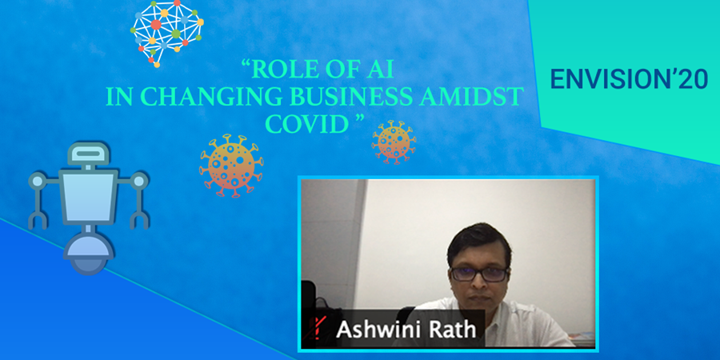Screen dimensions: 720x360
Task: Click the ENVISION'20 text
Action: click(629, 79)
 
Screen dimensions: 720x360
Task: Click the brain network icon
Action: click(166, 32)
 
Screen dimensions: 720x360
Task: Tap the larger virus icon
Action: click(231, 166)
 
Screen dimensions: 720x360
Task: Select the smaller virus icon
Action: click(394, 142)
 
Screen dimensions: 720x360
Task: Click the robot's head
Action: click(89, 154)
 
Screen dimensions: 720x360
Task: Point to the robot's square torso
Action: click(88, 198)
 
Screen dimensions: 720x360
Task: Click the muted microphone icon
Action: click(315, 329)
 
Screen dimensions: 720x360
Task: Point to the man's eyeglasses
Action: click(479, 274)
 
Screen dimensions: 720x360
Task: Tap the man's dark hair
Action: click(479, 243)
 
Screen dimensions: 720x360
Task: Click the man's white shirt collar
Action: click(478, 309)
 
